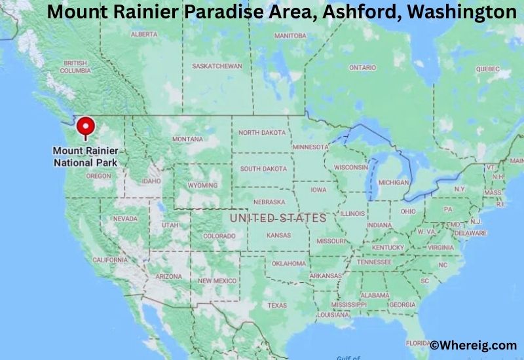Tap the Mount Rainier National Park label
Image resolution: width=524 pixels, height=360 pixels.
pos(85,156)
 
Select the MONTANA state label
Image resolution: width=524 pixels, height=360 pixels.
pos(187,139)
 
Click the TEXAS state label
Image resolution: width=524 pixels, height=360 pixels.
pos(276,306)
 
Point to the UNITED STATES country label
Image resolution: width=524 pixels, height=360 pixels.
pos(278,218)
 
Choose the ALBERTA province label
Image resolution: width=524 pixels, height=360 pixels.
pos(144,34)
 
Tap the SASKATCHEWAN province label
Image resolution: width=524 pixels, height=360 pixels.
pos(217,66)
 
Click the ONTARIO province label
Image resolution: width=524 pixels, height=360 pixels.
pos(362,67)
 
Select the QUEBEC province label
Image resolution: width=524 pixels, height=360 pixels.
pos(487,69)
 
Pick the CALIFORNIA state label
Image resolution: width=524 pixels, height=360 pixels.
pos(109,260)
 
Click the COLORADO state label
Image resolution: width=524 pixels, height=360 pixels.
pos(219,236)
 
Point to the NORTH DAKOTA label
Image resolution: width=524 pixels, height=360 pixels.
pos(262,132)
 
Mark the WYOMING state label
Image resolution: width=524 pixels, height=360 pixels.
pos(202,185)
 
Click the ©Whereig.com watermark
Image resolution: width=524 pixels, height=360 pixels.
pos(473,345)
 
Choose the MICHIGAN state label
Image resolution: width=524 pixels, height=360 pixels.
pos(394,183)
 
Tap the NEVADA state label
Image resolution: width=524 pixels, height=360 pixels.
pos(125,219)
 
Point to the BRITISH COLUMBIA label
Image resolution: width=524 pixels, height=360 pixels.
pos(75,67)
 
